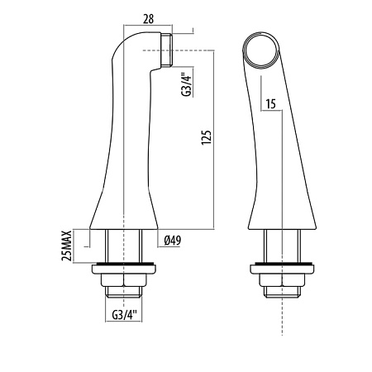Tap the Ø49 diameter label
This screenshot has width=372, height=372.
click(174, 241)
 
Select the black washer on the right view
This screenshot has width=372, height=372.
click(281, 266)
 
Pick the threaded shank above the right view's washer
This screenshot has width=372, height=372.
click(281, 246)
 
